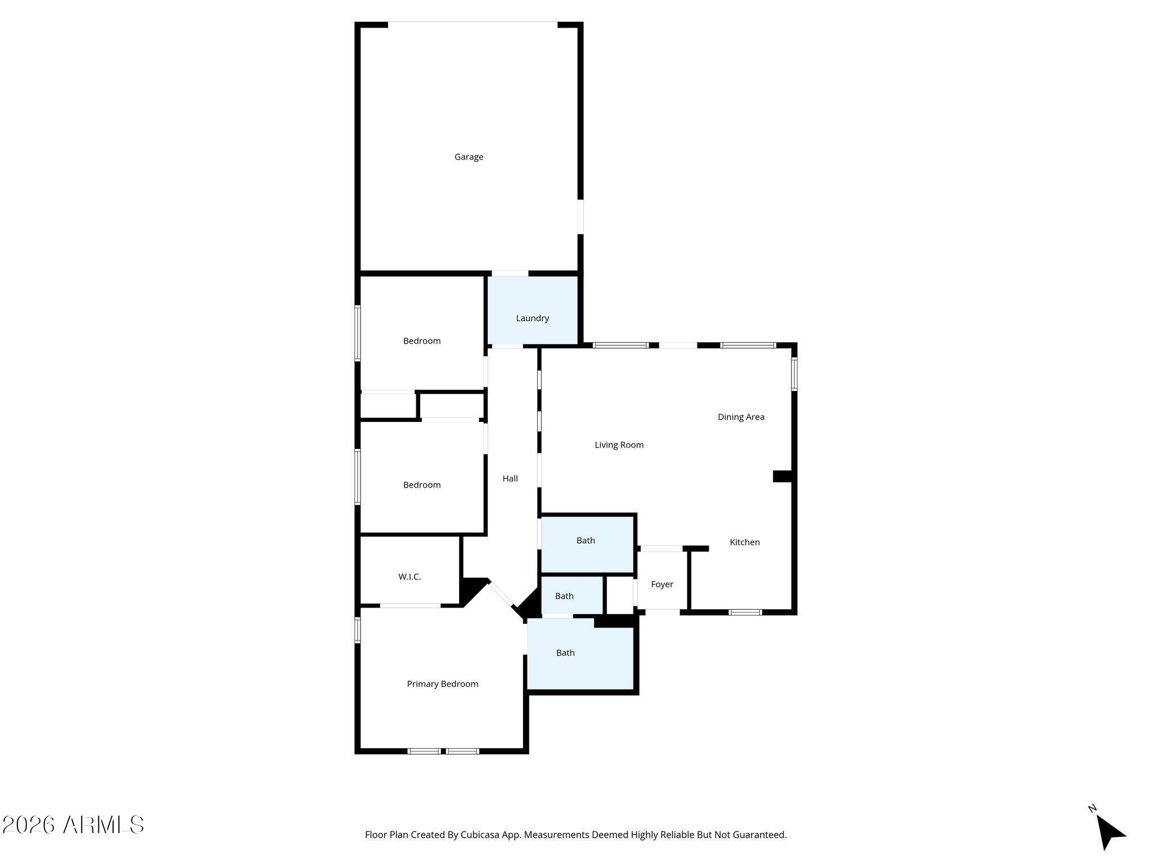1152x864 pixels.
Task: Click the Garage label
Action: point(469,157)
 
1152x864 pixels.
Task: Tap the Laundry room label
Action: point(532,318)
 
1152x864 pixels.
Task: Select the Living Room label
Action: point(619,445)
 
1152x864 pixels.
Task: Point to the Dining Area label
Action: point(741,417)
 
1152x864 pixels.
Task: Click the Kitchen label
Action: point(745,542)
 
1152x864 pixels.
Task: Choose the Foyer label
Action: point(662,584)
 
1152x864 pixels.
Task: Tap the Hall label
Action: point(510,479)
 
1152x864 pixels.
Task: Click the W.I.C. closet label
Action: point(409,577)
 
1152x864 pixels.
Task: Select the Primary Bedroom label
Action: point(443,684)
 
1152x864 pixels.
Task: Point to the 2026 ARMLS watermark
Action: point(73,825)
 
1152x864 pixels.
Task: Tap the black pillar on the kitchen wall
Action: point(782,476)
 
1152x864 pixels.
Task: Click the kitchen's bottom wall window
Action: point(745,612)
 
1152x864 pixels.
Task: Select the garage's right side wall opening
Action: point(580,217)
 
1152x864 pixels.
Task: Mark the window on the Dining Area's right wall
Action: point(794,374)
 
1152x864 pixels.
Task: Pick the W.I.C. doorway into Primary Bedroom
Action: point(410,605)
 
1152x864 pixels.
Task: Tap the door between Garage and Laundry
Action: point(510,273)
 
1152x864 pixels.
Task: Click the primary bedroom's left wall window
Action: point(357,630)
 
